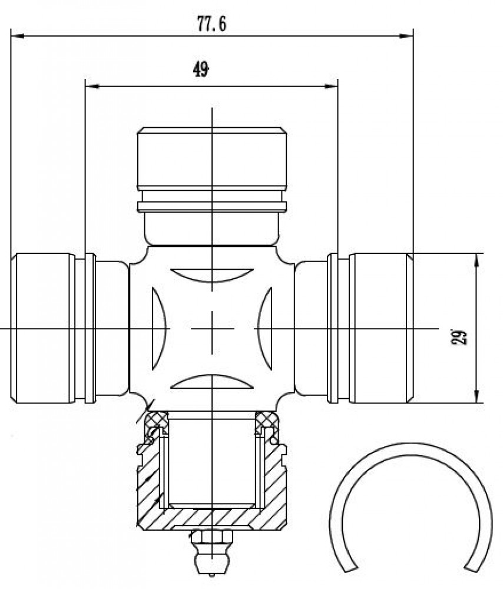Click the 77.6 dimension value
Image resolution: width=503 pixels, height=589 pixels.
pyautogui.click(x=212, y=24)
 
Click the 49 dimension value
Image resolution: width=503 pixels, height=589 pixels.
pyautogui.click(x=201, y=70)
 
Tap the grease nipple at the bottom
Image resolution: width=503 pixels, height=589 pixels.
pyautogui.click(x=212, y=552)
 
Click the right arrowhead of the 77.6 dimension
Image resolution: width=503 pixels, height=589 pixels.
pyautogui.click(x=406, y=36)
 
